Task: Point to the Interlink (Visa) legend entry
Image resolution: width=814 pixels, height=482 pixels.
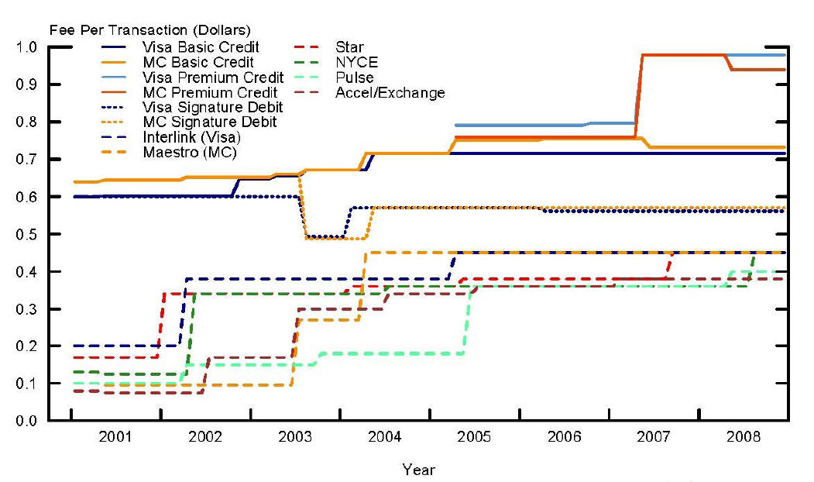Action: pyautogui.click(x=191, y=137)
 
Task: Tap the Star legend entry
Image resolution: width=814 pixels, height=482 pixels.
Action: pyautogui.click(x=349, y=47)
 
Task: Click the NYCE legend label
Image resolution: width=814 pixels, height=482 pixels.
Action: pyautogui.click(x=353, y=62)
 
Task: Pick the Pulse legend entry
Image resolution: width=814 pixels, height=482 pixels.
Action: pyautogui.click(x=355, y=77)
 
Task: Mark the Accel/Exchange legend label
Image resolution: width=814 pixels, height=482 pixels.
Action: pyautogui.click(x=390, y=93)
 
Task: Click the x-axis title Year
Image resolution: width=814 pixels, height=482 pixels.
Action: pyautogui.click(x=418, y=470)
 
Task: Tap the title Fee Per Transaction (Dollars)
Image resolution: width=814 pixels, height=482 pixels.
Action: pyautogui.click(x=149, y=31)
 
